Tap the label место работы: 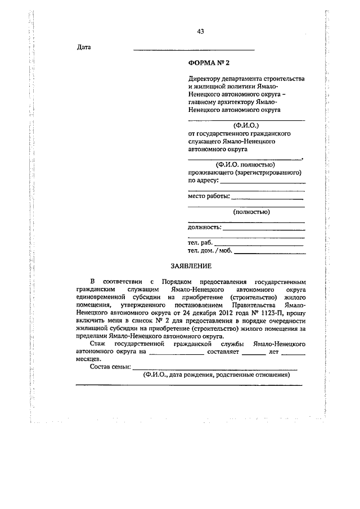pos(209,196)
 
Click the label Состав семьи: pos(110,367)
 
